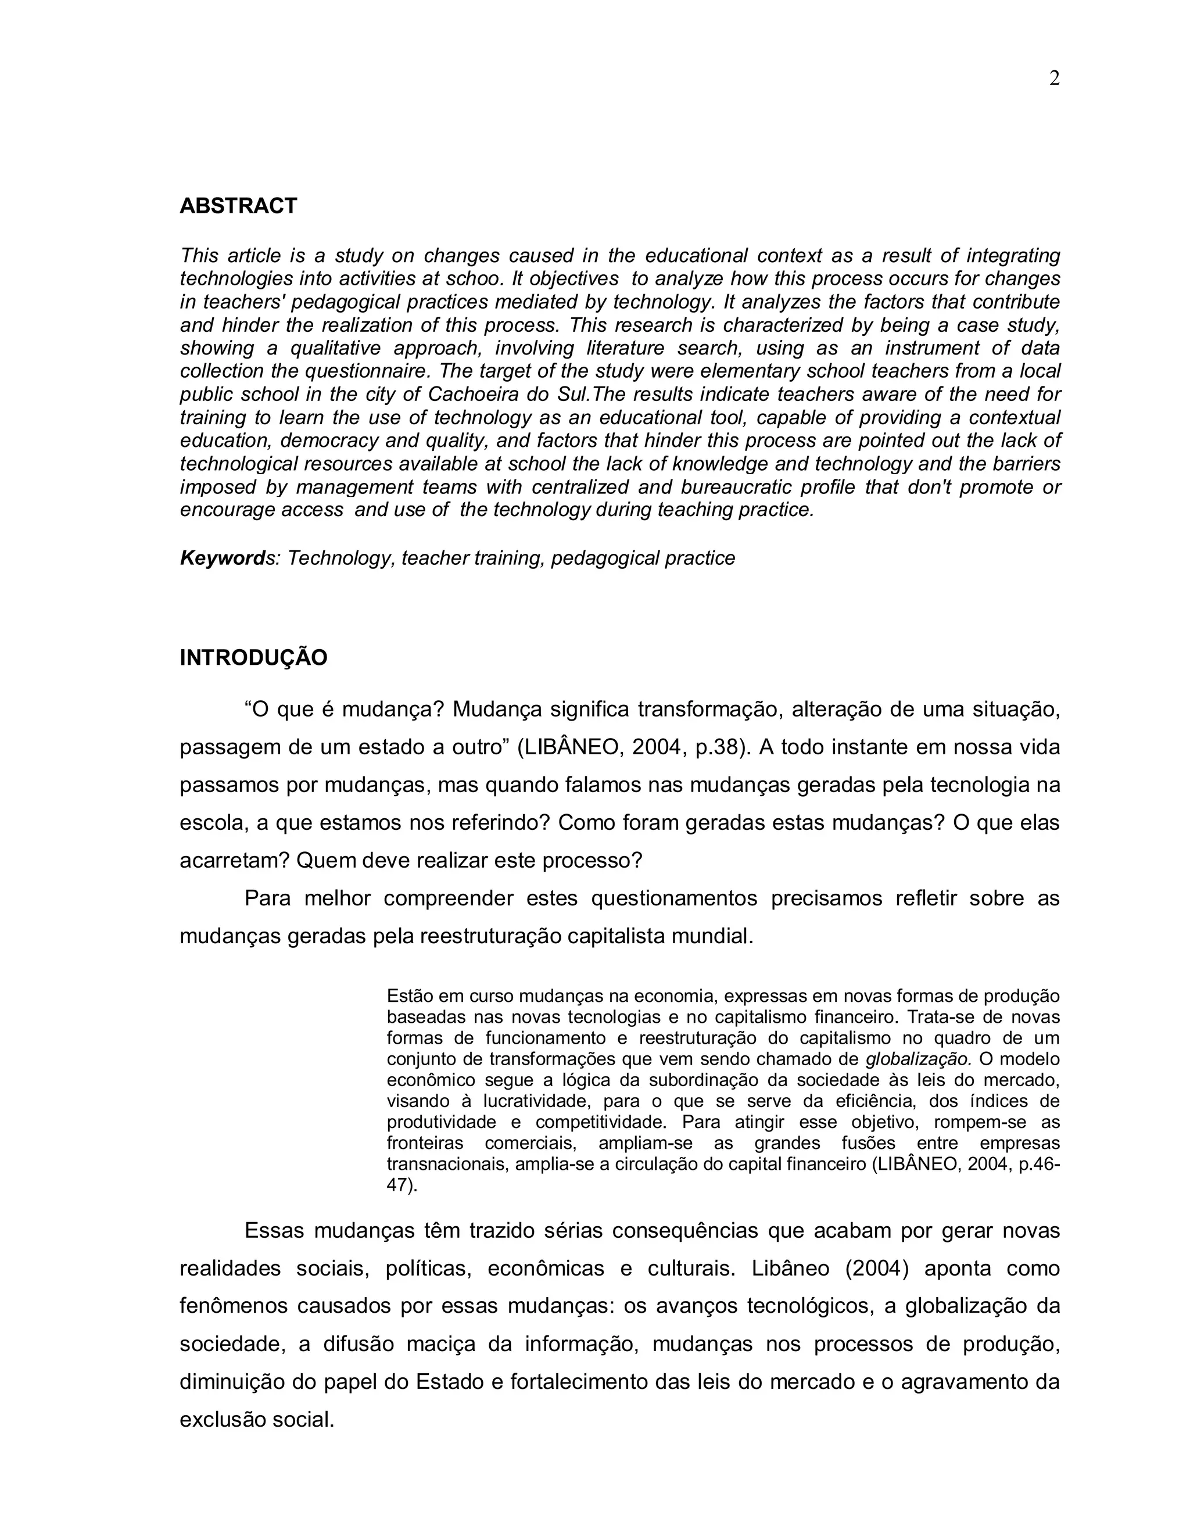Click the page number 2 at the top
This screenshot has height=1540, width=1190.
pos(1054,79)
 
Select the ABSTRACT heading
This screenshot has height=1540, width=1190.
pos(238,206)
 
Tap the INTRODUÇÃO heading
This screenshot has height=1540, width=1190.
pos(253,658)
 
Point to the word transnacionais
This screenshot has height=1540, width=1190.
pos(447,1163)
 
